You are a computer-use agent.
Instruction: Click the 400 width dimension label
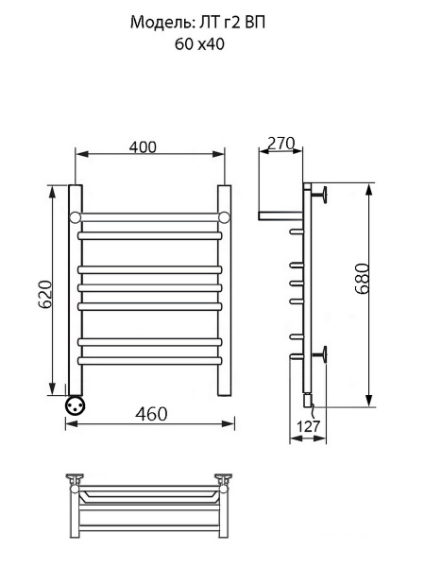[x=143, y=146]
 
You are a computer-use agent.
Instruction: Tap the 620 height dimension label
[x=46, y=294]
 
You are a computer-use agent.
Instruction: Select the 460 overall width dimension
[x=151, y=414]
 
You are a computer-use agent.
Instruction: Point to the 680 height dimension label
[x=362, y=278]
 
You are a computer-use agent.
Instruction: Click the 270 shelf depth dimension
[x=281, y=144]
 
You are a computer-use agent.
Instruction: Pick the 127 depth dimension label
[x=308, y=426]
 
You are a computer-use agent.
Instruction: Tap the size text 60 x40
[x=199, y=44]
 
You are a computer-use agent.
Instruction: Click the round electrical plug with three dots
[x=76, y=405]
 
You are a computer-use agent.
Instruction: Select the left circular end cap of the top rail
[x=75, y=217]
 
